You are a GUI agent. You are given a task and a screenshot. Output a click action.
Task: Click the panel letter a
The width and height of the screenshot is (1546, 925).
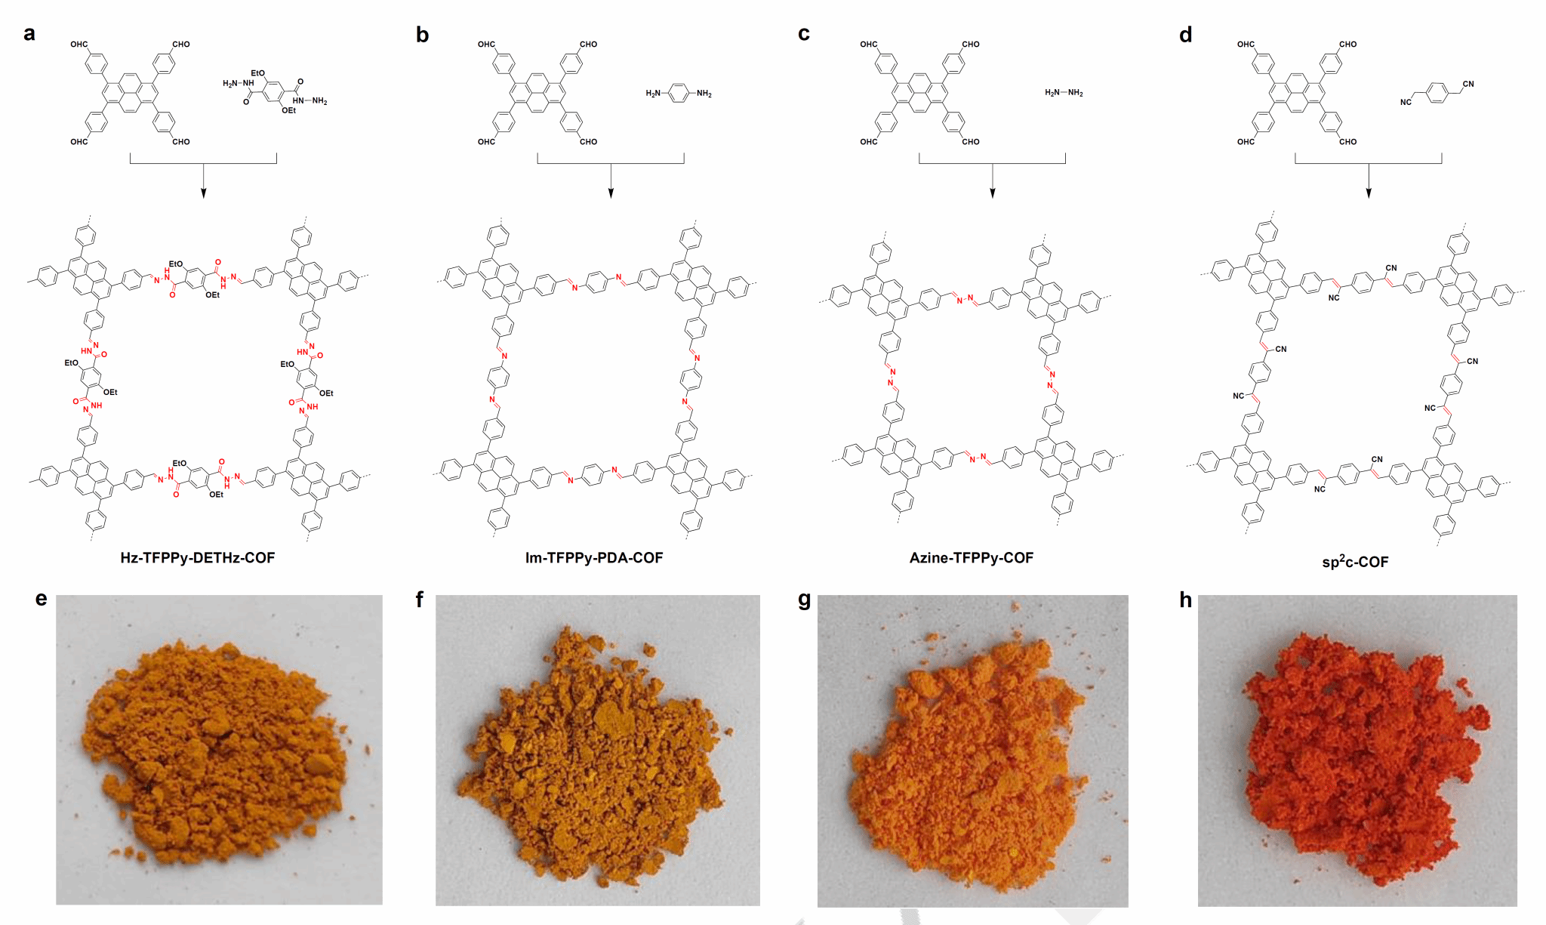(x=29, y=34)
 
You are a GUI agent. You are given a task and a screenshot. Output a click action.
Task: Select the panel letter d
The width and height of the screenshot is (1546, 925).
(x=1186, y=35)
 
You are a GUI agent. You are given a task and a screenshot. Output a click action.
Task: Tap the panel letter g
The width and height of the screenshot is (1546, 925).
(x=805, y=600)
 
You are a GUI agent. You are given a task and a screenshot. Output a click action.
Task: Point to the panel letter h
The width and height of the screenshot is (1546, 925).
(x=1186, y=600)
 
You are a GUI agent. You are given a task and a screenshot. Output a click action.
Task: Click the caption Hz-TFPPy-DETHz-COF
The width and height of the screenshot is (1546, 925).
(x=198, y=558)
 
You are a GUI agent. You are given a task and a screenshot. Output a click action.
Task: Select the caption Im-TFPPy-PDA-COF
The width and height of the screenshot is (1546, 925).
(x=594, y=558)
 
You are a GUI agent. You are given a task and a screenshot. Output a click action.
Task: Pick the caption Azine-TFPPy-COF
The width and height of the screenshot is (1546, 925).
(x=972, y=558)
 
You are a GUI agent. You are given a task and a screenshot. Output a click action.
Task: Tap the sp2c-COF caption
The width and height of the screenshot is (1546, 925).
(x=1355, y=561)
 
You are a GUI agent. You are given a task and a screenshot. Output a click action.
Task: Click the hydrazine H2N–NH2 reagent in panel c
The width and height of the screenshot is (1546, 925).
(x=1064, y=93)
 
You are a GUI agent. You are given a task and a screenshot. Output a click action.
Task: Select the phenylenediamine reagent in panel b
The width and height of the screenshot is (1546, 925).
(x=679, y=93)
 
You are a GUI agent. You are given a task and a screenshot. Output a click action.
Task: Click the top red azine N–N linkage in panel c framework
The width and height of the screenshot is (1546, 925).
(x=965, y=299)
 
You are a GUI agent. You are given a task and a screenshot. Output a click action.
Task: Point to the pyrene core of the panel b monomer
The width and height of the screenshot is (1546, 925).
(x=537, y=93)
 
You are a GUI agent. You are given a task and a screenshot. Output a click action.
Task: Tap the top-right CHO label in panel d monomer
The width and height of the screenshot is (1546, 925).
(x=1347, y=45)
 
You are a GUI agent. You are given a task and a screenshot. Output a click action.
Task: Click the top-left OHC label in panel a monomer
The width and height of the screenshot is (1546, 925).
(x=79, y=45)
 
